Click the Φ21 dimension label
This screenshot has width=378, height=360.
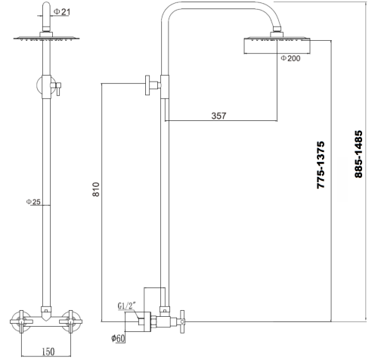65,11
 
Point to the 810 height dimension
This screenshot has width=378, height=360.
95,189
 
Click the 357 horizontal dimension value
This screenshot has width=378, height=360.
219,116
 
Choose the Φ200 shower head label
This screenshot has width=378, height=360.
291,58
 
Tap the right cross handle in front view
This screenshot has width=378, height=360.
79,321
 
